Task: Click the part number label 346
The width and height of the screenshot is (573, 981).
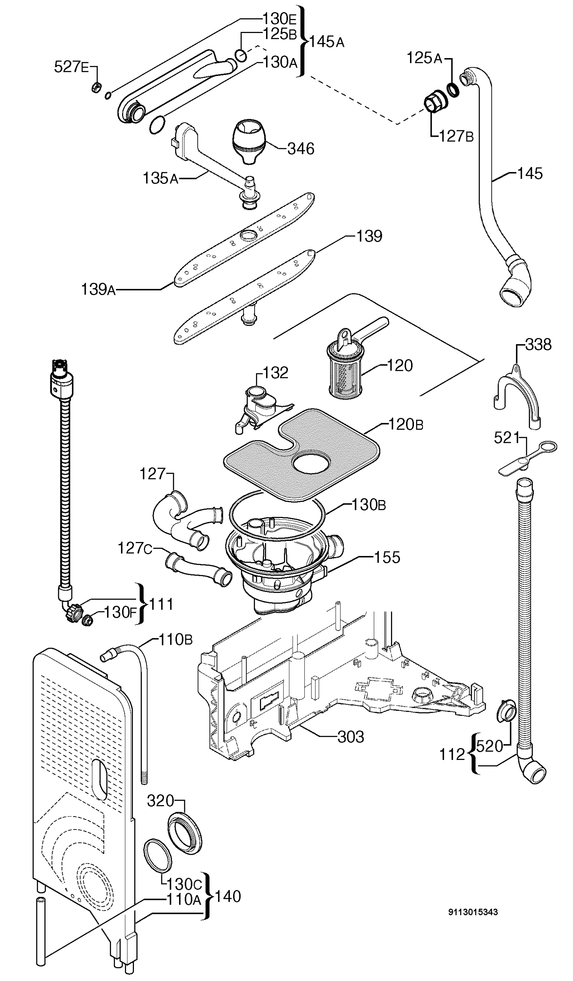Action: point(301,149)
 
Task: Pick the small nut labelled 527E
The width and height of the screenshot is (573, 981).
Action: point(96,88)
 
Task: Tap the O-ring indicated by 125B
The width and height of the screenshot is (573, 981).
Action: point(241,55)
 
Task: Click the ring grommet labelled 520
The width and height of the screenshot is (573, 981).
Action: point(505,711)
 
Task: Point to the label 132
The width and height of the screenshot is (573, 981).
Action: point(276,373)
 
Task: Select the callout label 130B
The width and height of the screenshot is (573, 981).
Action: point(368,505)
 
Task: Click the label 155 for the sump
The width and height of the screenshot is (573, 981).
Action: point(387,557)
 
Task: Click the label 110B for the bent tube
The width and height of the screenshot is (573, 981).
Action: point(175,640)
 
